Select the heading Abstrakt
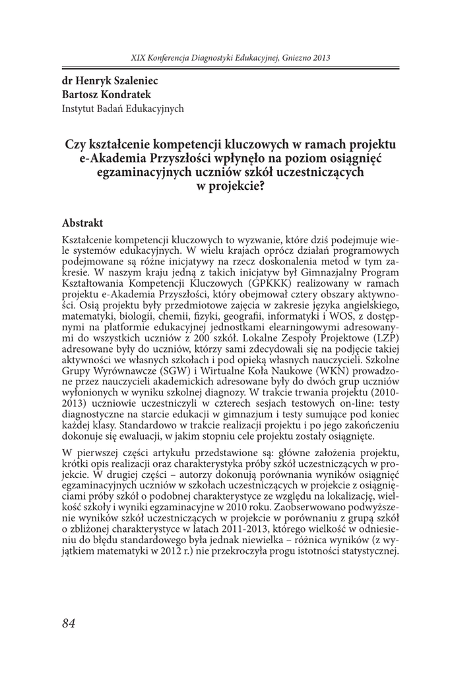pos(82,224)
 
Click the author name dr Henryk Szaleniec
pos(110,82)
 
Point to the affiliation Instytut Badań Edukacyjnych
pos(123,108)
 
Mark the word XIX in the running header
pos(139,58)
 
